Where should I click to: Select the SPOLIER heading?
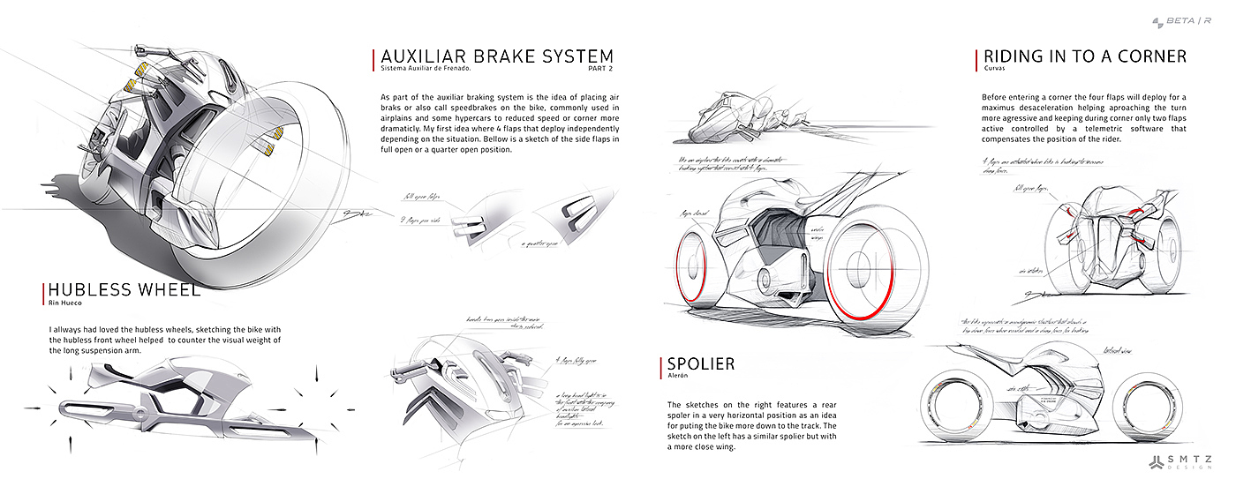coord(701,363)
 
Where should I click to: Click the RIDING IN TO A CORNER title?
coord(1084,56)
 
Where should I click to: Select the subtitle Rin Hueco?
coord(64,303)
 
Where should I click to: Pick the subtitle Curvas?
coord(994,69)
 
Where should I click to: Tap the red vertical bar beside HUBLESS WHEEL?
coord(42,294)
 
